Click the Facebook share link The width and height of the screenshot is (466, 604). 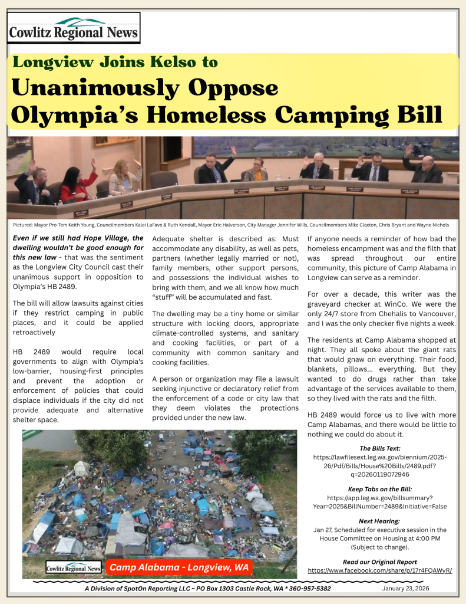click(x=380, y=571)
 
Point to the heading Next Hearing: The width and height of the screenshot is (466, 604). click(x=379, y=521)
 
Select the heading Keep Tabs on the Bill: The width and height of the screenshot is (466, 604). click(x=379, y=490)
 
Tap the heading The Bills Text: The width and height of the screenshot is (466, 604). click(x=379, y=448)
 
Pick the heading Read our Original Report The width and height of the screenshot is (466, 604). click(x=379, y=562)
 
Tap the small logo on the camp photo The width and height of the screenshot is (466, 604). click(x=74, y=568)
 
